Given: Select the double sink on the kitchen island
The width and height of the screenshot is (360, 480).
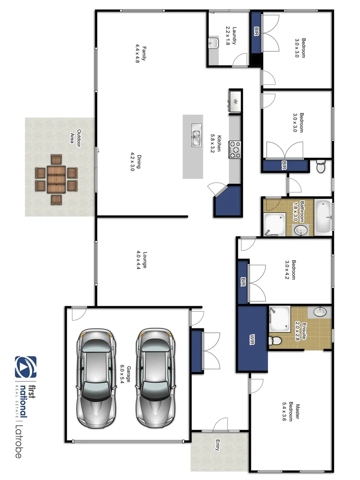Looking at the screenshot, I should (196, 134).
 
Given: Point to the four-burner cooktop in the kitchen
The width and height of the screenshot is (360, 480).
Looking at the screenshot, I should (234, 150).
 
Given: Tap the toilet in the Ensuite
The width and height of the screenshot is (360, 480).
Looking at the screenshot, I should (276, 340).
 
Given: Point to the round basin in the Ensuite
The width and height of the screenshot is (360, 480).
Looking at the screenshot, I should (320, 312).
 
